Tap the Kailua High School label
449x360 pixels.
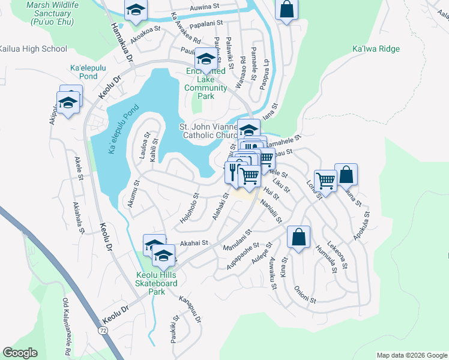tap(33, 49)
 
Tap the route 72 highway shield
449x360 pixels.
tap(103, 331)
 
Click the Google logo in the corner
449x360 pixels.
tap(20, 353)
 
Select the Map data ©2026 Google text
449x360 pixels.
tap(412, 355)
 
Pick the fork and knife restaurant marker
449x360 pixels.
tap(233, 172)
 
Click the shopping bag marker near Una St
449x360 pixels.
tap(346, 174)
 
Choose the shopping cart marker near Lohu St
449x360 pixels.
tap(325, 179)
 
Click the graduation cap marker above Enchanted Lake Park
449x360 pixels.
tap(206, 59)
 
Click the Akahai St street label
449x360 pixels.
tap(193, 243)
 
